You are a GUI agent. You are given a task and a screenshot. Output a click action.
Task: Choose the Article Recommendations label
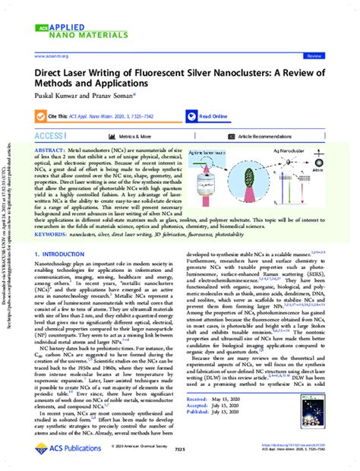point(270,136)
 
